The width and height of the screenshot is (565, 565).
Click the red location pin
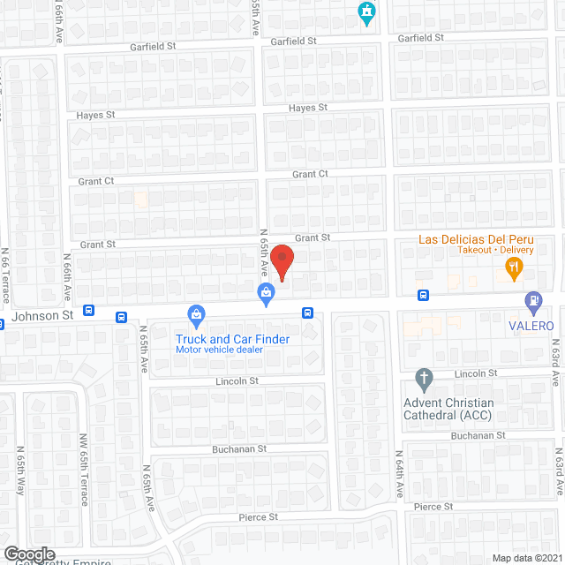(281, 262)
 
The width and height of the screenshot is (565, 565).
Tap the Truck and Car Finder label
(233, 338)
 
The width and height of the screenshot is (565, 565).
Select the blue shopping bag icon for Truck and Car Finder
(197, 314)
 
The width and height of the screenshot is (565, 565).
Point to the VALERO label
(531, 326)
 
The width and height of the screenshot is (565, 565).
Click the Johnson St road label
(42, 315)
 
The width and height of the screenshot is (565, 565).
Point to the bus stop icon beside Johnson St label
(89, 311)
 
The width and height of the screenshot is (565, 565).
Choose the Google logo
(29, 554)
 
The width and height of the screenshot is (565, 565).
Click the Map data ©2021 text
(525, 557)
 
